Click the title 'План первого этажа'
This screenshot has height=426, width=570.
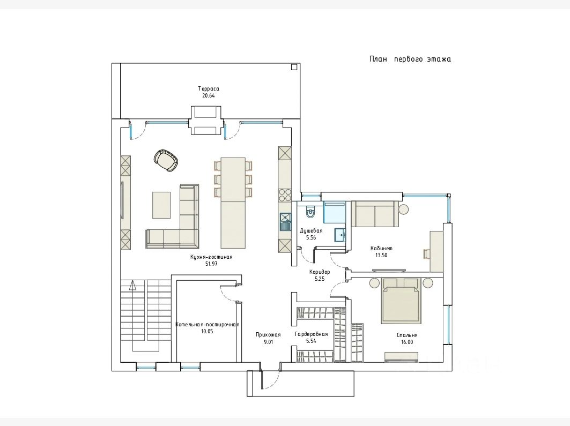click(x=410, y=59)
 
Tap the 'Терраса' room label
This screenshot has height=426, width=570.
click(x=209, y=88)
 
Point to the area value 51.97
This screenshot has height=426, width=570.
click(x=211, y=264)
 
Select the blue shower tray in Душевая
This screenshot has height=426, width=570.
click(x=334, y=212)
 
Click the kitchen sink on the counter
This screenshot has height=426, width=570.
click(x=285, y=221)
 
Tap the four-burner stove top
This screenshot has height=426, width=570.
click(x=285, y=195)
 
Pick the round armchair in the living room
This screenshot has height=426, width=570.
click(x=166, y=160)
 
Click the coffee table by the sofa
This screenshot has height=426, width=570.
click(x=161, y=205)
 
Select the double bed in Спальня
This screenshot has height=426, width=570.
click(x=402, y=300)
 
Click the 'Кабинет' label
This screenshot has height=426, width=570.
click(x=381, y=249)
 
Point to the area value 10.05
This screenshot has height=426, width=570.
click(x=206, y=331)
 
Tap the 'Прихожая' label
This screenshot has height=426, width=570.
click(x=268, y=335)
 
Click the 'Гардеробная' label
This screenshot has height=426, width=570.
click(x=312, y=334)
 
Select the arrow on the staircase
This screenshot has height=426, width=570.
click(x=133, y=285)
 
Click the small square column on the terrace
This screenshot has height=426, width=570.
click(x=294, y=66)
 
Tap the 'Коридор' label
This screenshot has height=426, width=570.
click(x=320, y=272)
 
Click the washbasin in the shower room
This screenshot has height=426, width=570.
click(x=340, y=235)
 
